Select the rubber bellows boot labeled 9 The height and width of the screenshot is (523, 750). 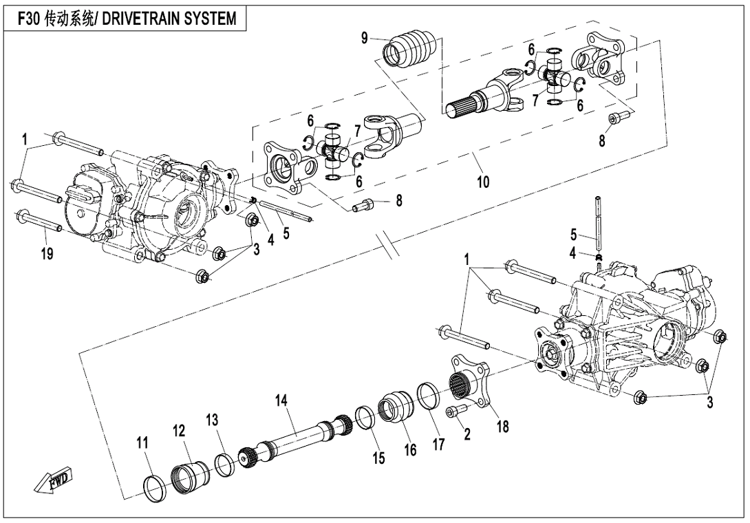(x=409, y=48)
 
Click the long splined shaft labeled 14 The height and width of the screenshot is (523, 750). (x=296, y=436)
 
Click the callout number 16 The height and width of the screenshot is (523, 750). (x=411, y=449)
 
